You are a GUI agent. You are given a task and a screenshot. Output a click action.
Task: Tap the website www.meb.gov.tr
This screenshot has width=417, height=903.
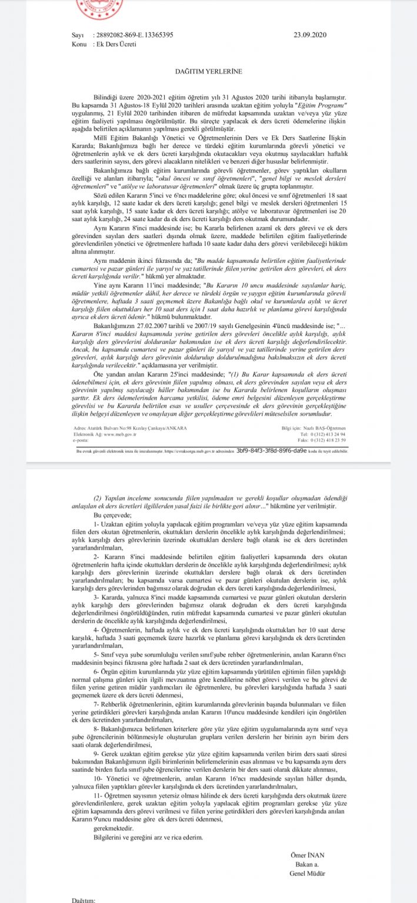click(115, 417)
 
